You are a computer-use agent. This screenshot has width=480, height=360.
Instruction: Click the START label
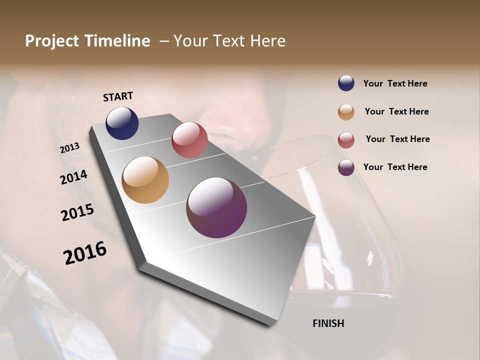[x=118, y=96]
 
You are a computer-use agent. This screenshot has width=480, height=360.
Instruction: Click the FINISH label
[x=328, y=323]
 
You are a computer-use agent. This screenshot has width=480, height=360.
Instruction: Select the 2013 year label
[x=70, y=148]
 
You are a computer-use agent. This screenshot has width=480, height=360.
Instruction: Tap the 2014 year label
[x=74, y=177]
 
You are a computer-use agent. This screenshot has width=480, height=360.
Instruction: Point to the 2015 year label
[x=77, y=212]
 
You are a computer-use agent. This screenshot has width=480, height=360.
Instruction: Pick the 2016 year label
[x=85, y=253]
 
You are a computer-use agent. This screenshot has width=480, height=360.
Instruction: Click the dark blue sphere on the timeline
[x=122, y=123]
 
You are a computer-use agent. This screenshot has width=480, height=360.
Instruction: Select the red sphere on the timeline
[x=189, y=140]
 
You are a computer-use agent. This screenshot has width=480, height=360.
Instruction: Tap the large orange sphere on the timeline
[x=145, y=180]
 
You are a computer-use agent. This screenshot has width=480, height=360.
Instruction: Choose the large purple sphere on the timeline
[x=216, y=207]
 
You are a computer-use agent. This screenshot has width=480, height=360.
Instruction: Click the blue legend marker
[x=346, y=83]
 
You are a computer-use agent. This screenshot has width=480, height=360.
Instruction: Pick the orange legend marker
[x=346, y=112]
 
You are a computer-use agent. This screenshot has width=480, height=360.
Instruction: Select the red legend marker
[x=346, y=140]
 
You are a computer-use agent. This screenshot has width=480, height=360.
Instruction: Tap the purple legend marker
[x=346, y=167]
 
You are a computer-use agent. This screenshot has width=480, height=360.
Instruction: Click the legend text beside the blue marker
[x=395, y=84]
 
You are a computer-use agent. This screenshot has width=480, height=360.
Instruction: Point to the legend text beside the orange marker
[x=396, y=111]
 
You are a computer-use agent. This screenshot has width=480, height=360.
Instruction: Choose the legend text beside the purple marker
[x=395, y=167]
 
